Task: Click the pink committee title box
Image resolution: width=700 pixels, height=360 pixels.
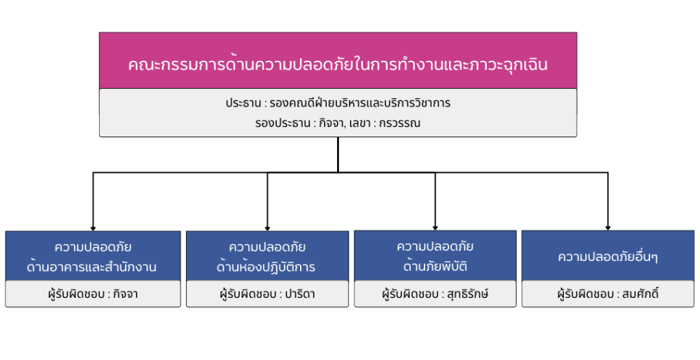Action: [338, 61]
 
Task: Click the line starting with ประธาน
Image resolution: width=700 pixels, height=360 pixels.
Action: [338, 103]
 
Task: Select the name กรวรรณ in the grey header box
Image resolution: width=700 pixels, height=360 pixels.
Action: [399, 123]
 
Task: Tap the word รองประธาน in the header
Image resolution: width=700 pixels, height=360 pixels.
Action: [282, 123]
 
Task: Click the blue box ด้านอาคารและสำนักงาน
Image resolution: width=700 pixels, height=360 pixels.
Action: [93, 256]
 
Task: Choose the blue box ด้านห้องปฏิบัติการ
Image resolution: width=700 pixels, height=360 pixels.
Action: [267, 256]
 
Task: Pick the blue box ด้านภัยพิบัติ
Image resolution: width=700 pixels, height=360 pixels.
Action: [435, 255]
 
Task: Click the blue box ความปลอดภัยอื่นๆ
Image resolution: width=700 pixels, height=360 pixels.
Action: [608, 255]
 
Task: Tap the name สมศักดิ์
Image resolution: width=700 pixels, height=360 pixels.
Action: [641, 294]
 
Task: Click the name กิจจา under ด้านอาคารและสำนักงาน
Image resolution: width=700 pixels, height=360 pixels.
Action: [126, 294]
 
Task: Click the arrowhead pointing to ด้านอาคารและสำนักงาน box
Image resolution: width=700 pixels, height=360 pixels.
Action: [93, 228]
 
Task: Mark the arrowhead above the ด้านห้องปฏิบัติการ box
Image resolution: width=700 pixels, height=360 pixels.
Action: [267, 228]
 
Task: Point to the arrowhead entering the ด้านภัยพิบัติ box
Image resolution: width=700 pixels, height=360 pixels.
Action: [435, 228]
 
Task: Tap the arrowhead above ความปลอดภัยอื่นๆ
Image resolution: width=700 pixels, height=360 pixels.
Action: [608, 228]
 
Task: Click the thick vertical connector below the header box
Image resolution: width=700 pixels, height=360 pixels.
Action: [338, 154]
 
